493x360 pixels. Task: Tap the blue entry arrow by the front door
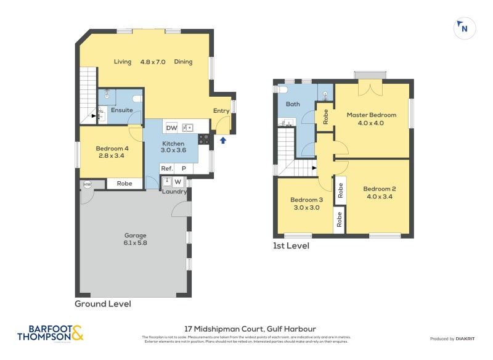[223, 141]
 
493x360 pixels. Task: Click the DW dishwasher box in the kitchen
[172, 128]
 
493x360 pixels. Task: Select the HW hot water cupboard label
[86, 184]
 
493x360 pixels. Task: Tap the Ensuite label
[121, 111]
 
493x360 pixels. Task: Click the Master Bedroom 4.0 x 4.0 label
[371, 119]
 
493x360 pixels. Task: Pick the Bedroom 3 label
[306, 204]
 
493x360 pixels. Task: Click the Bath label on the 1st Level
[293, 104]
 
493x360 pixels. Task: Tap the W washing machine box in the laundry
[178, 182]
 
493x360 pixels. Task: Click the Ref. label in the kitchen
[166, 168]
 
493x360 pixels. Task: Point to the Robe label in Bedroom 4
[124, 183]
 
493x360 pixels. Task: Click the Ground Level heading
[102, 304]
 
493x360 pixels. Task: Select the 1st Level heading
[291, 246]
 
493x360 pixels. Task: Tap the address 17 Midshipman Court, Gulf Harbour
[250, 329]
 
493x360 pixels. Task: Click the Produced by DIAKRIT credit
[455, 339]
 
